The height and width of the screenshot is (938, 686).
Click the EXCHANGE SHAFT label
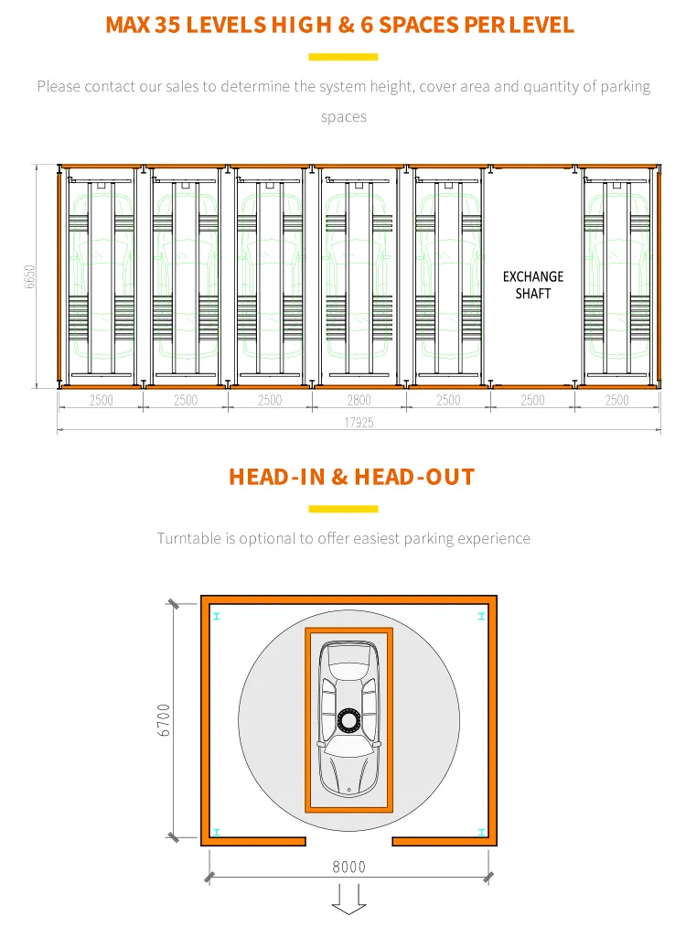tap(533, 285)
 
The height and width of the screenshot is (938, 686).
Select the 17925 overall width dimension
tap(358, 423)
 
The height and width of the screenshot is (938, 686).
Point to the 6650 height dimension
tap(29, 277)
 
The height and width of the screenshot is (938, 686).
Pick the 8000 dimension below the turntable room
tap(348, 867)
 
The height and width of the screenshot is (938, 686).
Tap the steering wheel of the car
tap(348, 721)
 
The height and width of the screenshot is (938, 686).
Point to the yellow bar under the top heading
tap(343, 57)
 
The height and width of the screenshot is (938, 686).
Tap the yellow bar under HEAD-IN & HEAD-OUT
tap(343, 509)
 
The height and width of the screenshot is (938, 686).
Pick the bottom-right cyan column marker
tap(481, 832)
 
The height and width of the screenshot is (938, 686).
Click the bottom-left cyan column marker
tap(216, 832)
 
